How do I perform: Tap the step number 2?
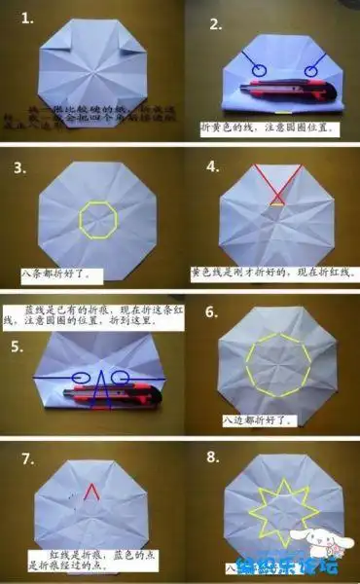[215, 23]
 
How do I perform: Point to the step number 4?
[214, 166]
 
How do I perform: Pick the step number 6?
[214, 314]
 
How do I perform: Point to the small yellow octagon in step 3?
[97, 219]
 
